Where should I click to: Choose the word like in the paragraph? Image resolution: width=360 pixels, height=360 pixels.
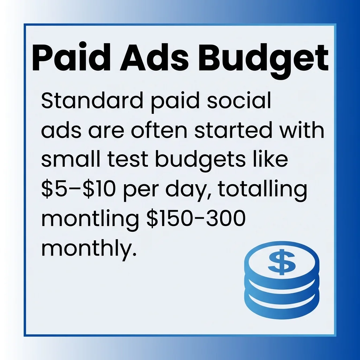[273, 160]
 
